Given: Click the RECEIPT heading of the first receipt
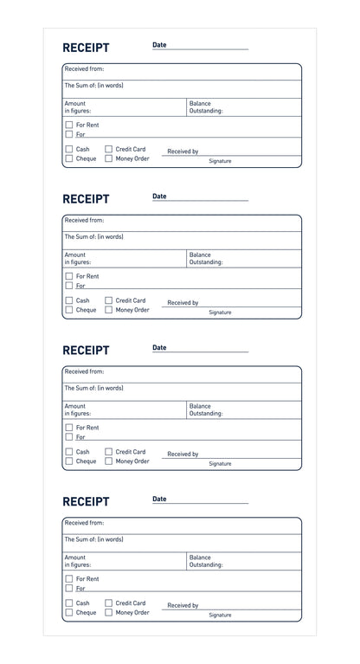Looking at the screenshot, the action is (x=86, y=48).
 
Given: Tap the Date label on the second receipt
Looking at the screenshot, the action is (x=159, y=197).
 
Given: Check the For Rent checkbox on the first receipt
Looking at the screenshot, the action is (x=69, y=125).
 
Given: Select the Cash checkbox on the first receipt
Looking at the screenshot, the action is (x=69, y=149).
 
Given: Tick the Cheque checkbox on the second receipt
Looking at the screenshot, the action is (x=69, y=310).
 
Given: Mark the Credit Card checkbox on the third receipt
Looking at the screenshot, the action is (x=109, y=451).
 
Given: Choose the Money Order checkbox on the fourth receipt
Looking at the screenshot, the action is (x=109, y=613).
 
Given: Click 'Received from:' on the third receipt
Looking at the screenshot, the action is (x=84, y=371).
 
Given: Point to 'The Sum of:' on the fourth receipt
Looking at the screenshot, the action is (x=93, y=539).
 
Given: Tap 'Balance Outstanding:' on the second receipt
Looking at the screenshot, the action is (x=206, y=258).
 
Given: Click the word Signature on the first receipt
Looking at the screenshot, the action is (x=220, y=161).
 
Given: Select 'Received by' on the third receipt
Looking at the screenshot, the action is (x=183, y=454).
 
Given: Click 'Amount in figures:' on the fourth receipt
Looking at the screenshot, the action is (x=77, y=561).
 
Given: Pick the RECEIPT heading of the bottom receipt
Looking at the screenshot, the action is (x=86, y=501).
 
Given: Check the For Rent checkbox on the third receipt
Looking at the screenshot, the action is (x=69, y=428).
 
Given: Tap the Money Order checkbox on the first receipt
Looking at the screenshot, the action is (x=109, y=158).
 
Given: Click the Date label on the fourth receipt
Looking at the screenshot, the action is (x=159, y=499).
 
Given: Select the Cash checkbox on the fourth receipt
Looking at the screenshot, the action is (x=69, y=603).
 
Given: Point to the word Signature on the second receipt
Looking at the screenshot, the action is (x=220, y=313).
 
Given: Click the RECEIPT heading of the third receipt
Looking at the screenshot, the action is (x=86, y=351).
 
